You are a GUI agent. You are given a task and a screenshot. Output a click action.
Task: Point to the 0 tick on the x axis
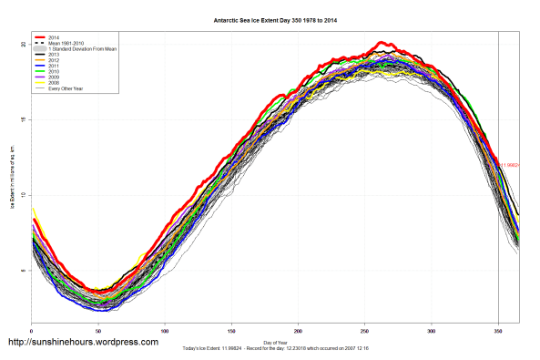tap(32, 328)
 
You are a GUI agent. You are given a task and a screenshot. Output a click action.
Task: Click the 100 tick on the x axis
tap(165, 328)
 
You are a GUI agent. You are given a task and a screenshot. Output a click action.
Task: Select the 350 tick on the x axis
tap(498, 328)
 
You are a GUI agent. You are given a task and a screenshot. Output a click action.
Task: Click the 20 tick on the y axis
tap(23, 44)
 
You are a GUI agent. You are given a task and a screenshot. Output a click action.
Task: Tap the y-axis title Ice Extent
tap(12, 182)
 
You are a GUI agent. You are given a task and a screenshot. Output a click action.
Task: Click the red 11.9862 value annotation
tap(510, 165)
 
